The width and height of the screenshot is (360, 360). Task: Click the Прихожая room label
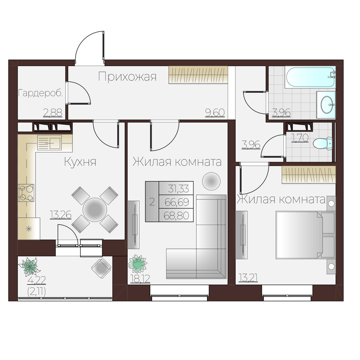point(127,77)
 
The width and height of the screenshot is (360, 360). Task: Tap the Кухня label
point(80,162)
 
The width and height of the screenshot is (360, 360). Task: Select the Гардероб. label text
point(40,93)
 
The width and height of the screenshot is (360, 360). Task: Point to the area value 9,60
point(215,113)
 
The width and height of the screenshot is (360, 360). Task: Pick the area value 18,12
point(140,279)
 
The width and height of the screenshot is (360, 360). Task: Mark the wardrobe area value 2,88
point(53,113)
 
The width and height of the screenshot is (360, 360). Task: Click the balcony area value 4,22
point(37,280)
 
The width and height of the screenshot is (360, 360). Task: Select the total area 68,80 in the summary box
point(176,216)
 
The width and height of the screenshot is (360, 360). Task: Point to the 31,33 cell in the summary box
point(178,189)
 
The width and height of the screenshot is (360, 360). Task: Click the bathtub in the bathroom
point(310,77)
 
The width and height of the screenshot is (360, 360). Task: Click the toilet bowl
point(322,143)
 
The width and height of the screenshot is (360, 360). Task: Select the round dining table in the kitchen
point(95,210)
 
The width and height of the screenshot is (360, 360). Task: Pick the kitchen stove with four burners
point(26,193)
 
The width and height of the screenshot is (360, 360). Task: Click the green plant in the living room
point(137,264)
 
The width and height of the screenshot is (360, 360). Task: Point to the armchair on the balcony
point(101,268)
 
